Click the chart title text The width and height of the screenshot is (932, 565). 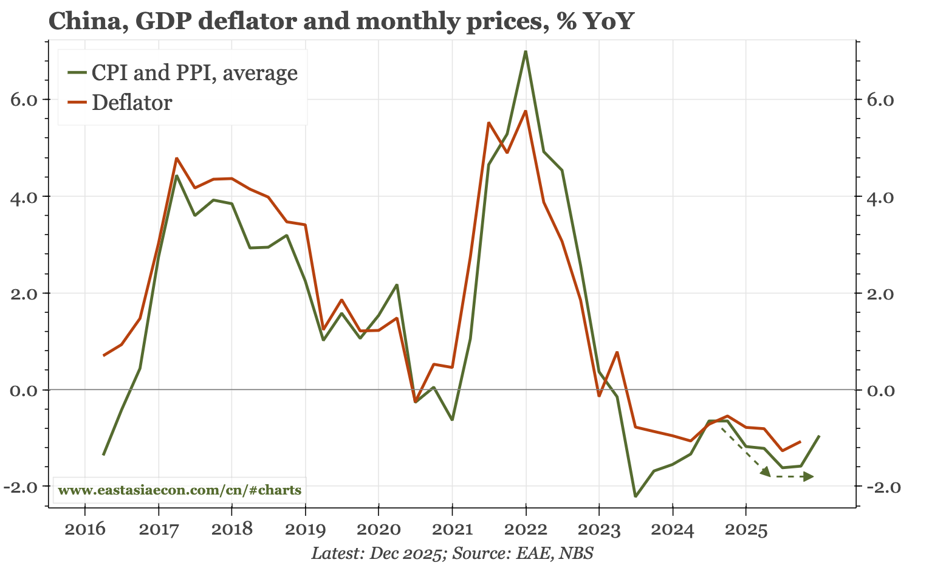point(341,21)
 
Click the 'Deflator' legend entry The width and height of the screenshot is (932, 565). point(132,103)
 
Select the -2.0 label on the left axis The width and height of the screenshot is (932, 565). point(25,487)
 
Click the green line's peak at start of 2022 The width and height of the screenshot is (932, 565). point(526,52)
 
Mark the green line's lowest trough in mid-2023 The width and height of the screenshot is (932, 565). point(636,496)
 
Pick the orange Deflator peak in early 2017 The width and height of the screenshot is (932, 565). point(176,158)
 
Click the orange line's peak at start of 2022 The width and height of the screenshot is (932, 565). point(526,111)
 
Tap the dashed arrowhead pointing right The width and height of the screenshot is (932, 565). point(808,477)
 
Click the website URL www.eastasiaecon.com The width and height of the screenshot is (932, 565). point(179,490)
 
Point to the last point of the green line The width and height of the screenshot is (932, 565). point(819,436)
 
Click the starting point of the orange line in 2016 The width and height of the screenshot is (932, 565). point(104,355)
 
